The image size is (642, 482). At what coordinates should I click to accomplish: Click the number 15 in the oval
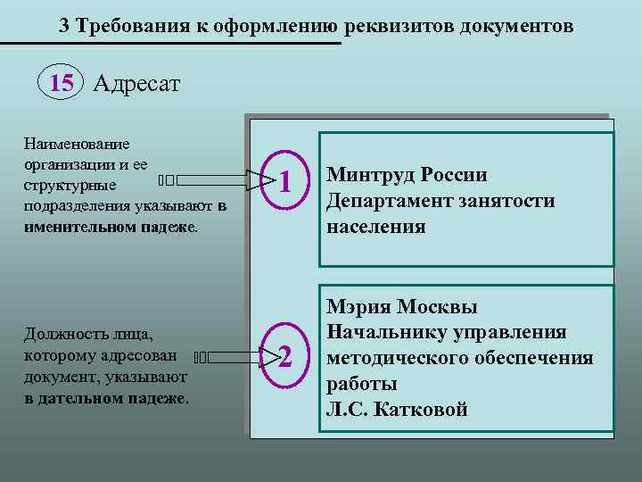tap(62, 84)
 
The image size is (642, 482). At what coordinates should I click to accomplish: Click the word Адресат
tap(136, 84)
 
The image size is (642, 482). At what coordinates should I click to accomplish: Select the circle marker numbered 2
tap(284, 358)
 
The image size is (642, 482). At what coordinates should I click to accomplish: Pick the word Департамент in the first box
tap(388, 201)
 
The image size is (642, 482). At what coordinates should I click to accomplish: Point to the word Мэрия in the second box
tap(357, 307)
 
